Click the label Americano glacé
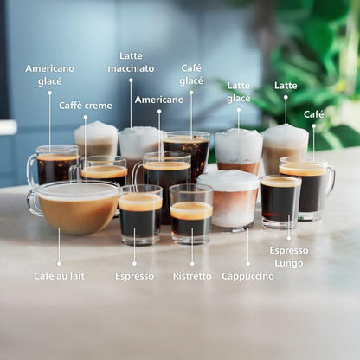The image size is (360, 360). [x=49, y=74]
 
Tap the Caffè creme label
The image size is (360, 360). [x=85, y=106]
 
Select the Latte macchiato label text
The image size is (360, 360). [x=131, y=62]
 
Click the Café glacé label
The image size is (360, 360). [x=191, y=74]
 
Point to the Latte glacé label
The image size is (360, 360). [x=238, y=92]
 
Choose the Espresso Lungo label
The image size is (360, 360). [x=288, y=256]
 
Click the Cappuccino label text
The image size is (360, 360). [x=247, y=276]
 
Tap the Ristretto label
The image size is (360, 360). [x=191, y=276]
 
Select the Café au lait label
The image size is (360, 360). [x=59, y=276]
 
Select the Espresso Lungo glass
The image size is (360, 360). [x=280, y=201]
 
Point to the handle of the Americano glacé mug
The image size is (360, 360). [x=31, y=170]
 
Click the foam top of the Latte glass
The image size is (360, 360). [x=285, y=136]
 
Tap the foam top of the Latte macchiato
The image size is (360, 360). [x=140, y=138]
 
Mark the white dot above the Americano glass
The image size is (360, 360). [x=159, y=111]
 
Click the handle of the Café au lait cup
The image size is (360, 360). [x=33, y=202]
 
